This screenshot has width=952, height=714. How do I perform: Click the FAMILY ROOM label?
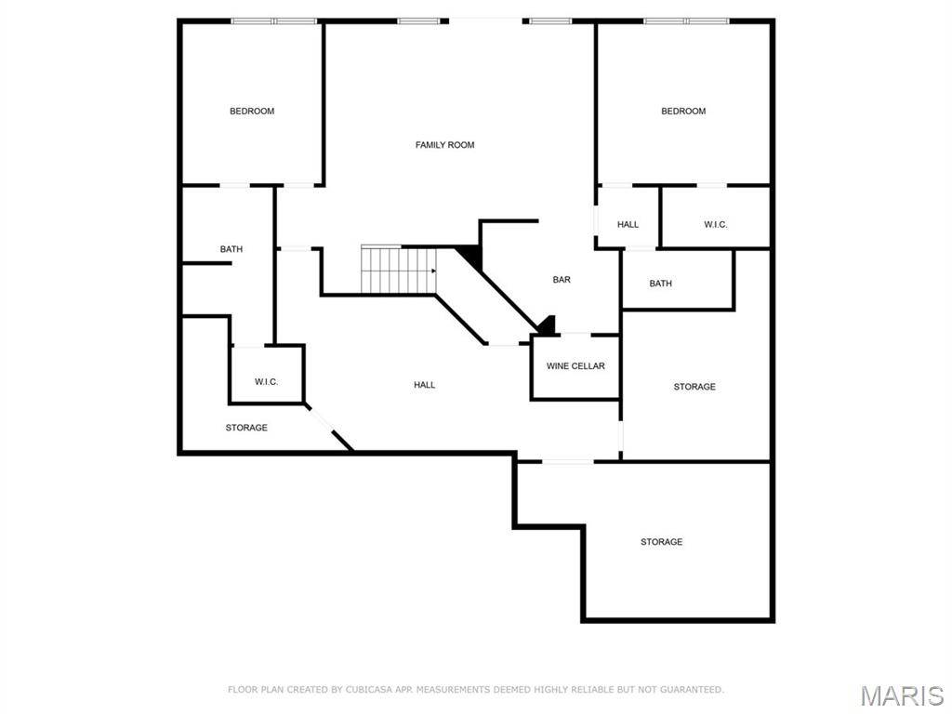point(444,145)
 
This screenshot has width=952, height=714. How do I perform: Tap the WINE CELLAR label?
point(575,366)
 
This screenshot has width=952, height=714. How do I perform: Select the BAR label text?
point(562,280)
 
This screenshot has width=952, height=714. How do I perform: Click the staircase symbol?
point(399,271)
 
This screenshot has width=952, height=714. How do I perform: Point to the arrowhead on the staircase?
point(433,271)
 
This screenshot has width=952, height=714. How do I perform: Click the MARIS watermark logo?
point(902,695)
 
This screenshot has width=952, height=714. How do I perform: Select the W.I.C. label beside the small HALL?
point(715,224)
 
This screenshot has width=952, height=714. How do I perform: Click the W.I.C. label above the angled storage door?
point(266,382)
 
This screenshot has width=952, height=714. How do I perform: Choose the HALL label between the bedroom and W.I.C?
point(628,224)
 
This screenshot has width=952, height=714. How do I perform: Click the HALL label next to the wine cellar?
point(424,385)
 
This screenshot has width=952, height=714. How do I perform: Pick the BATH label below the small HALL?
point(660,284)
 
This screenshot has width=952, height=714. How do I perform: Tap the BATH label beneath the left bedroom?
point(231,249)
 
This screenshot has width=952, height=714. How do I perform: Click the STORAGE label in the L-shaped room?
point(661,542)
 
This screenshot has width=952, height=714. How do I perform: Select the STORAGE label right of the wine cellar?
point(694,387)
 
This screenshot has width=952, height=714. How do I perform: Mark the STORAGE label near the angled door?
point(246,428)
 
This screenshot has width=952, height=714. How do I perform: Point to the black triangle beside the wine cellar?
point(548,326)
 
